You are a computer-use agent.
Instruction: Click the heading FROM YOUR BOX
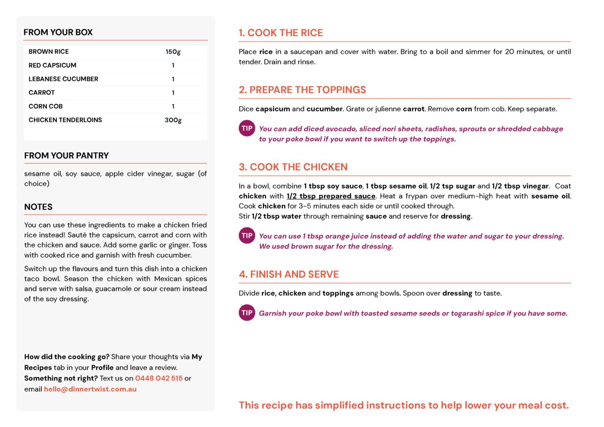(x=58, y=32)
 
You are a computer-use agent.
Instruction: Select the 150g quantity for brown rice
(x=173, y=52)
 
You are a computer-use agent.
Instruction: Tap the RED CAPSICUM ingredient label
(x=53, y=65)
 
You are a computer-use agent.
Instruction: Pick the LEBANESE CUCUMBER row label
(x=63, y=79)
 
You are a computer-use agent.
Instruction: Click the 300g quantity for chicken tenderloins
(x=173, y=120)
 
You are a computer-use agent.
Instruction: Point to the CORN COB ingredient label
(x=46, y=106)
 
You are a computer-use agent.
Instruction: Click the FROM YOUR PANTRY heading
(x=66, y=156)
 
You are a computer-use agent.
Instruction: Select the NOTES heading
(x=38, y=207)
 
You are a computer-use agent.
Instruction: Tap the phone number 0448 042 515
(x=159, y=378)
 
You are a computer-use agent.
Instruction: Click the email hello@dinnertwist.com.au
(x=90, y=389)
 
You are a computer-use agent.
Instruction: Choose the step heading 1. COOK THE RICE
(x=281, y=33)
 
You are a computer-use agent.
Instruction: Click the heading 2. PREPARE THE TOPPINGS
(x=302, y=90)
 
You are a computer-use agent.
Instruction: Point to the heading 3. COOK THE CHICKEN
(x=293, y=167)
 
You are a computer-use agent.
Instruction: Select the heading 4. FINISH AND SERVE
(x=289, y=275)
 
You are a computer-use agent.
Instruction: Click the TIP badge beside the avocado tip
(x=247, y=128)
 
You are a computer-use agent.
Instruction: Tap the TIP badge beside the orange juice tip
(x=247, y=235)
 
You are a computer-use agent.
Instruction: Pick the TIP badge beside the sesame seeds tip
(x=247, y=313)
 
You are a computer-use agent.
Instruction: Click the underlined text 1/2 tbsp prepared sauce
(x=331, y=196)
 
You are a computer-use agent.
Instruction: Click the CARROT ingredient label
(x=42, y=93)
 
